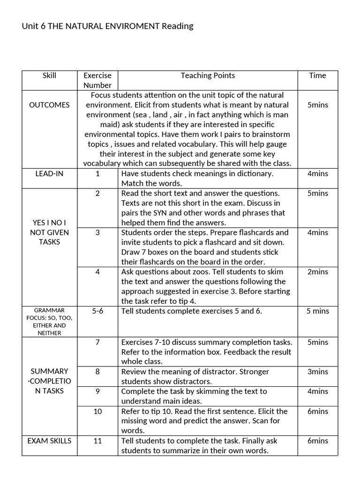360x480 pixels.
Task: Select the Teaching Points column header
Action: tap(208, 75)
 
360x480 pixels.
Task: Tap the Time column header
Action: tap(317, 75)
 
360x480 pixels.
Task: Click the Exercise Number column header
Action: tap(97, 80)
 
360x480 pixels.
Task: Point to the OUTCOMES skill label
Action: tap(49, 105)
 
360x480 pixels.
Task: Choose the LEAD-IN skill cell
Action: tap(49, 173)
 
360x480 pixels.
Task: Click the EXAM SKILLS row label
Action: tap(49, 441)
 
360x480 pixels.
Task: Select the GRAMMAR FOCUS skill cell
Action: tap(49, 322)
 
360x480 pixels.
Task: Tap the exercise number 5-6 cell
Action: tap(97, 311)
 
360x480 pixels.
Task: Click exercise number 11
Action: tap(97, 441)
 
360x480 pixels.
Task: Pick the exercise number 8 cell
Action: tap(97, 372)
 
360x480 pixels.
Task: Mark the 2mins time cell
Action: tap(318, 272)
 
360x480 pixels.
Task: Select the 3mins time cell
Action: tap(318, 372)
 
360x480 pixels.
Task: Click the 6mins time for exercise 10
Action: tap(318, 411)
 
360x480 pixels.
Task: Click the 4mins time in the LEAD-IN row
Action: tap(318, 173)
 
